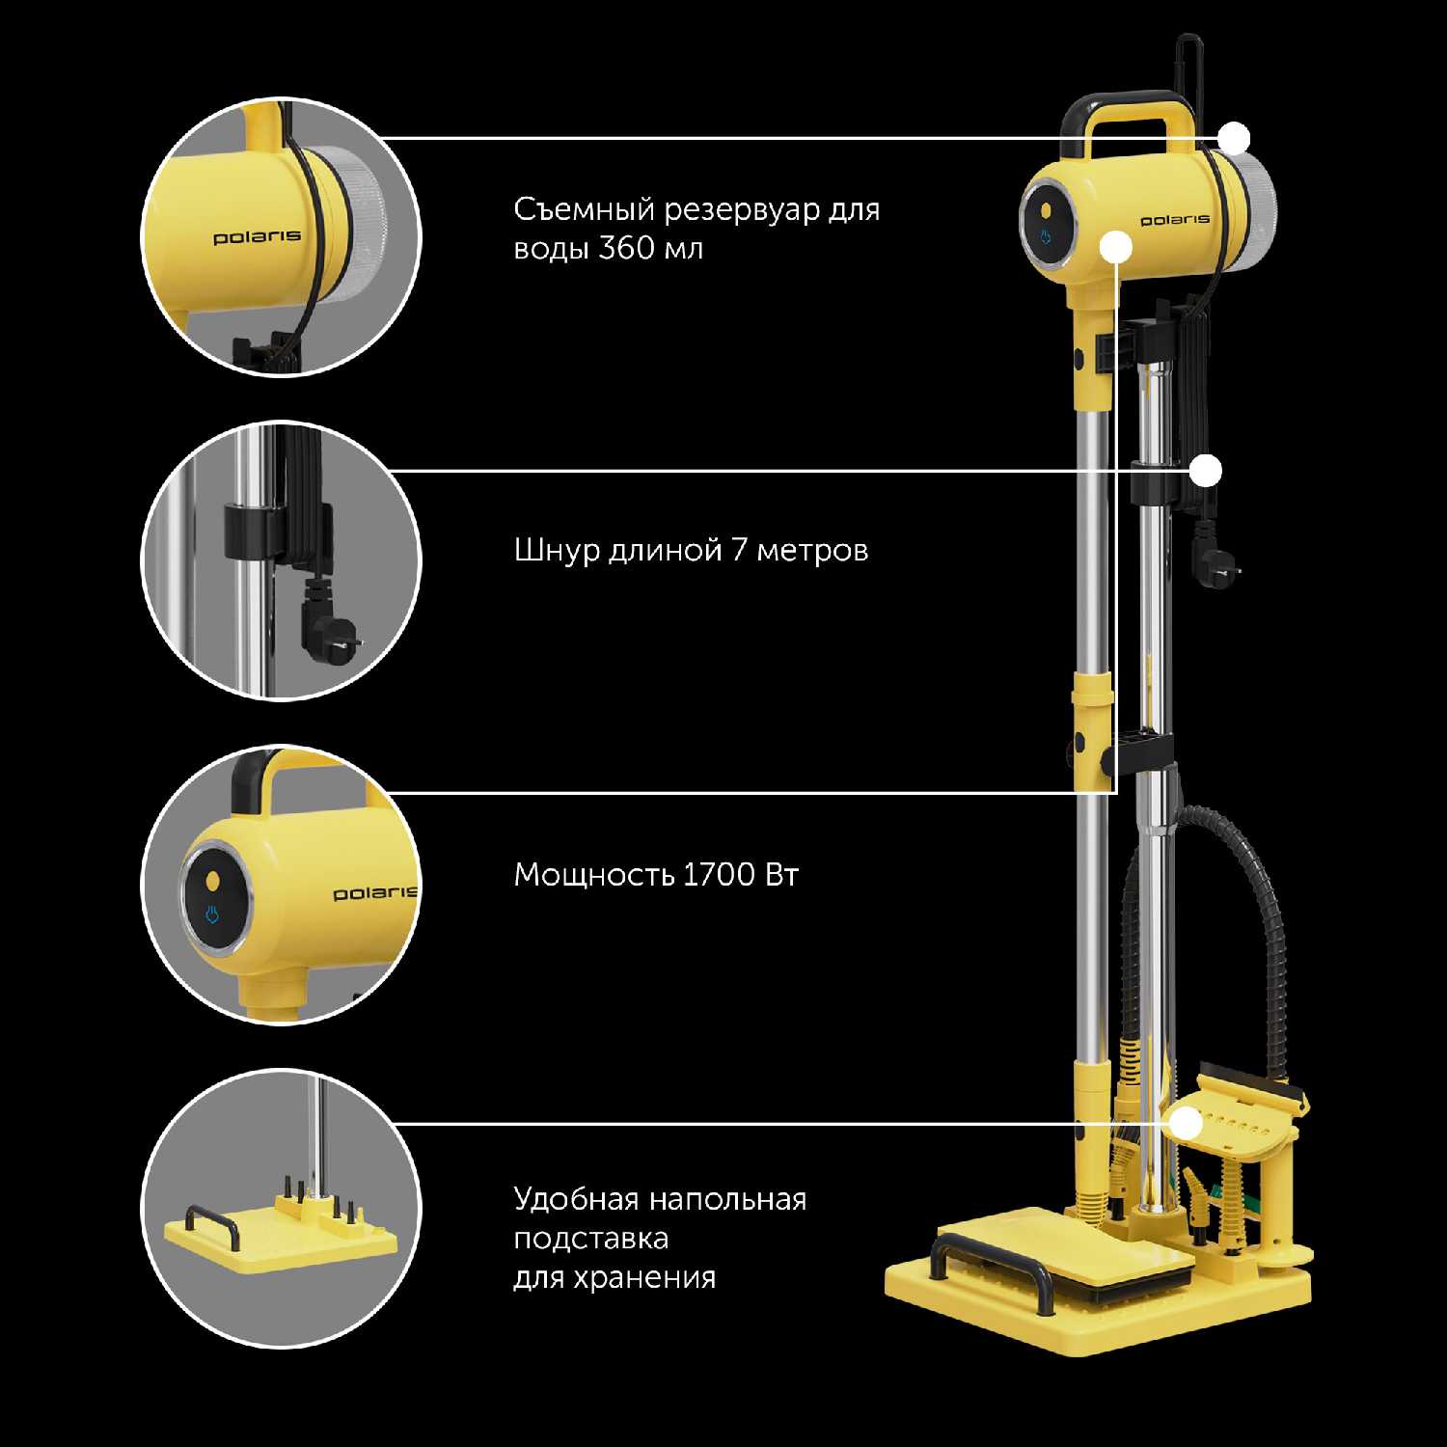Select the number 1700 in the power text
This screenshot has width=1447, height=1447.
pos(720,875)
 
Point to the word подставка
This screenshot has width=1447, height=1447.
pos(591,1239)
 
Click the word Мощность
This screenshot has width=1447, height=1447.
pos(593,875)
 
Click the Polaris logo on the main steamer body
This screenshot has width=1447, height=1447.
pos(1175,220)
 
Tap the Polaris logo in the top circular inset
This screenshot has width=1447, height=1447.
pos(257,236)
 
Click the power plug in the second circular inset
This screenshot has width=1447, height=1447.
pos(330,623)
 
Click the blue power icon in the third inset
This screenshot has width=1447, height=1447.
pos(212,915)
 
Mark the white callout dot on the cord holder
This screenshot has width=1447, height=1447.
pos(1206,471)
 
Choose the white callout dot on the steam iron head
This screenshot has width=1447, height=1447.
pos(1186,1124)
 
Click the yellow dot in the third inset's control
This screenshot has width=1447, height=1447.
pos(212,881)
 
